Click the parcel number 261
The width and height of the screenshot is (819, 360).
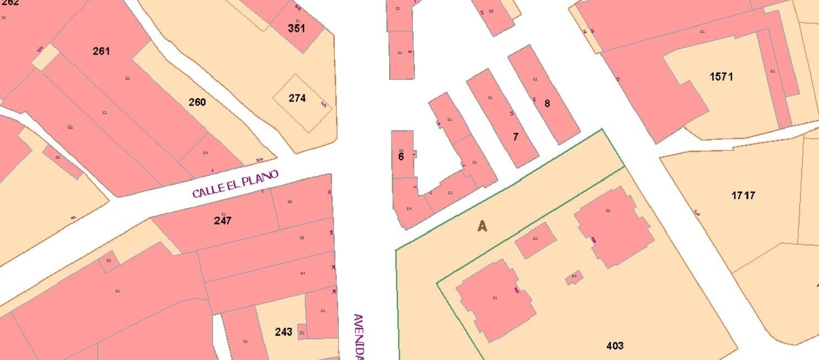[101, 51]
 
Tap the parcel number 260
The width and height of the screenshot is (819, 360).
[197, 102]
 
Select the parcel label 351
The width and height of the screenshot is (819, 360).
[296, 28]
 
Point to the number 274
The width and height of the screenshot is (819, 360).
[297, 98]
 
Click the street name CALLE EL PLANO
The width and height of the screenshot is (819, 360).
[235, 184]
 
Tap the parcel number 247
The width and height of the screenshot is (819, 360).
[222, 221]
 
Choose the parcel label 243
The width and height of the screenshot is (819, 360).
[283, 332]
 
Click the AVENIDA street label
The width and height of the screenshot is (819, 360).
[358, 336]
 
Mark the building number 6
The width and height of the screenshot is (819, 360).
[401, 157]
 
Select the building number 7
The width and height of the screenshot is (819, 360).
[515, 137]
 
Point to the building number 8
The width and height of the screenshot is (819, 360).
[547, 103]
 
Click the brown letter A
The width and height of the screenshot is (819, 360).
[482, 226]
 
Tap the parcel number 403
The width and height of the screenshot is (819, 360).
[615, 346]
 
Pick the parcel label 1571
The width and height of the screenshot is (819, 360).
[721, 77]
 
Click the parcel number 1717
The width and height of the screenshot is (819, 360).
[743, 195]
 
